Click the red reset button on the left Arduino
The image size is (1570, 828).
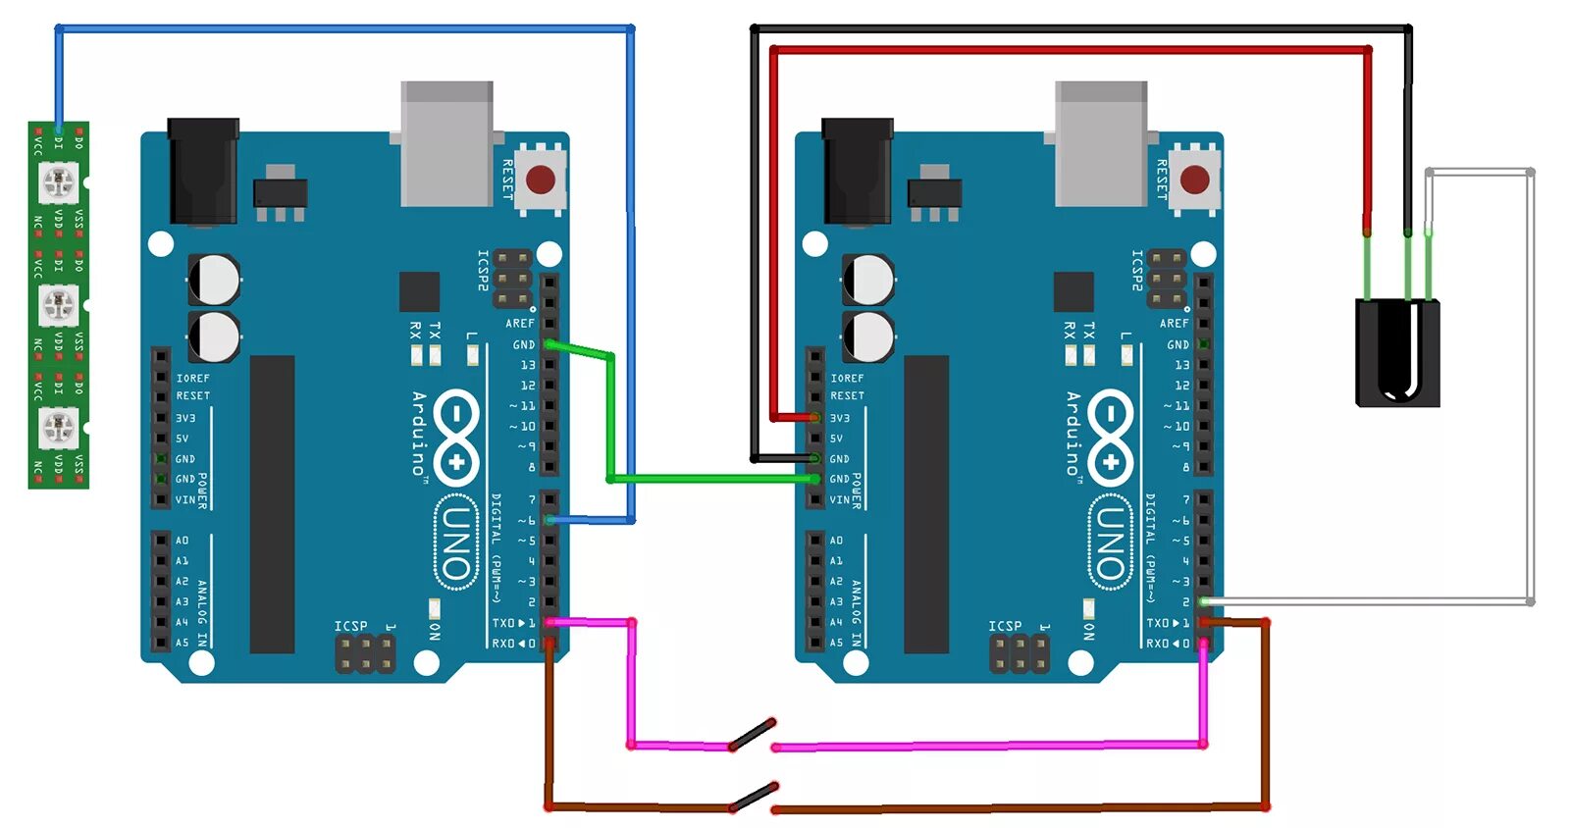(540, 180)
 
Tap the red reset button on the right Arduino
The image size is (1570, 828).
(1194, 180)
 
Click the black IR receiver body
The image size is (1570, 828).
(1397, 353)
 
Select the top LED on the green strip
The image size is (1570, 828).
(58, 181)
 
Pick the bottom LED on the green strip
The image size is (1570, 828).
(58, 426)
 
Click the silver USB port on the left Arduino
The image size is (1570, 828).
(446, 143)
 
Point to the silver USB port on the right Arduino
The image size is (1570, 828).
(1101, 143)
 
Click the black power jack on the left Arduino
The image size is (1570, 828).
(203, 171)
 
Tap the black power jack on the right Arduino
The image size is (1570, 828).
(858, 171)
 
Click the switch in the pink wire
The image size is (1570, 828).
(753, 735)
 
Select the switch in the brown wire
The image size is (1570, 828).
(754, 797)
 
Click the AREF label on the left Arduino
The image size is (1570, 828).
(520, 323)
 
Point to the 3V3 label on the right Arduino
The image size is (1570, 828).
(840, 418)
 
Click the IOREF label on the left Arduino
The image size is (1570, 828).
(193, 378)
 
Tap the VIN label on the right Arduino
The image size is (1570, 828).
(840, 499)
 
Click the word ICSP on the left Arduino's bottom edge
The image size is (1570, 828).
(350, 626)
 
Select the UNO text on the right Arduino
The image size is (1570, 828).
(1110, 542)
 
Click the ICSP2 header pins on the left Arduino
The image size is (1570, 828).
(513, 278)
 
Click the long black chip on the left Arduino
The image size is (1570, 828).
(272, 503)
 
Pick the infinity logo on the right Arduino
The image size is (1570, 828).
(1110, 437)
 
